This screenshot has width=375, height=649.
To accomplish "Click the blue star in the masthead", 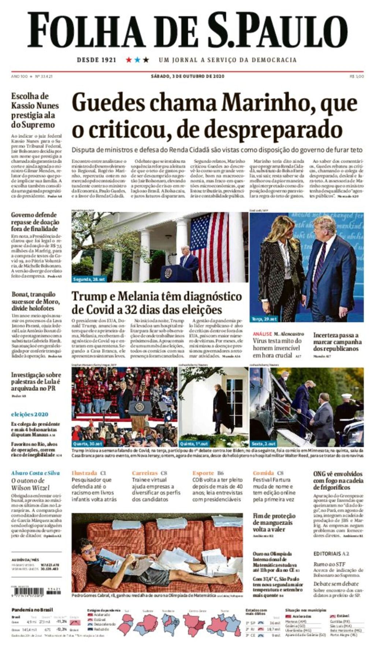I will click(x=137, y=60).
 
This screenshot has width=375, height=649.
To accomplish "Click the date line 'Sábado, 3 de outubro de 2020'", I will click(x=187, y=77).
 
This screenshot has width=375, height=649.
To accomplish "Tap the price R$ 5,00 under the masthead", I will click(x=357, y=77).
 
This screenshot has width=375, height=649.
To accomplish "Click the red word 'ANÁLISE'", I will click(x=262, y=334).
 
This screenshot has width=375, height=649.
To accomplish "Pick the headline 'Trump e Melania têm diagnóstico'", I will click(x=157, y=296).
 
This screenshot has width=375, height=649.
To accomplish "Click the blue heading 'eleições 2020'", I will click(x=30, y=414).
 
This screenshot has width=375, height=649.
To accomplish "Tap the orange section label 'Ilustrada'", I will click(x=84, y=473).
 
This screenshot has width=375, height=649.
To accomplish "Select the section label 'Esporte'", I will click(x=203, y=473).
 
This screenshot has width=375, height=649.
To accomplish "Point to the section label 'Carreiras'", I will click(x=145, y=473).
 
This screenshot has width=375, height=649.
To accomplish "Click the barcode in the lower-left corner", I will click(x=27, y=591).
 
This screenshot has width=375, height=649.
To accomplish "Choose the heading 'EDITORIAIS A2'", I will click(x=331, y=554).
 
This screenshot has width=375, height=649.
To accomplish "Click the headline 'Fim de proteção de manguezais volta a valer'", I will click(x=274, y=522).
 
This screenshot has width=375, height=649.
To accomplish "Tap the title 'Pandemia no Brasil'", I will click(x=32, y=610).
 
